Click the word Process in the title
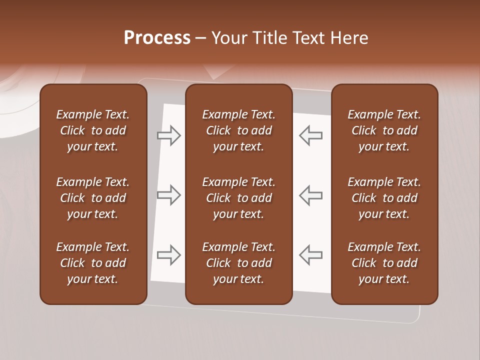tap(157, 38)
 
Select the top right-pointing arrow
tap(169, 135)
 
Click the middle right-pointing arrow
tap(169, 195)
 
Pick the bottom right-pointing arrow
tap(169, 255)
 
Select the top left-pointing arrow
tap(310, 135)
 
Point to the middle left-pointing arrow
tap(310, 195)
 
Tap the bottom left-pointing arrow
tap(310, 255)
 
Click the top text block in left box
tap(93, 130)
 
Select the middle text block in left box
tap(93, 198)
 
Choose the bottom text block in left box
tap(93, 263)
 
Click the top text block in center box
tap(238, 130)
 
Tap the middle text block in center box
tap(238, 198)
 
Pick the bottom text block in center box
tap(238, 263)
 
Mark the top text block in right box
tap(384, 130)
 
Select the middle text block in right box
tap(384, 198)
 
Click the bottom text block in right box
tap(384, 263)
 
